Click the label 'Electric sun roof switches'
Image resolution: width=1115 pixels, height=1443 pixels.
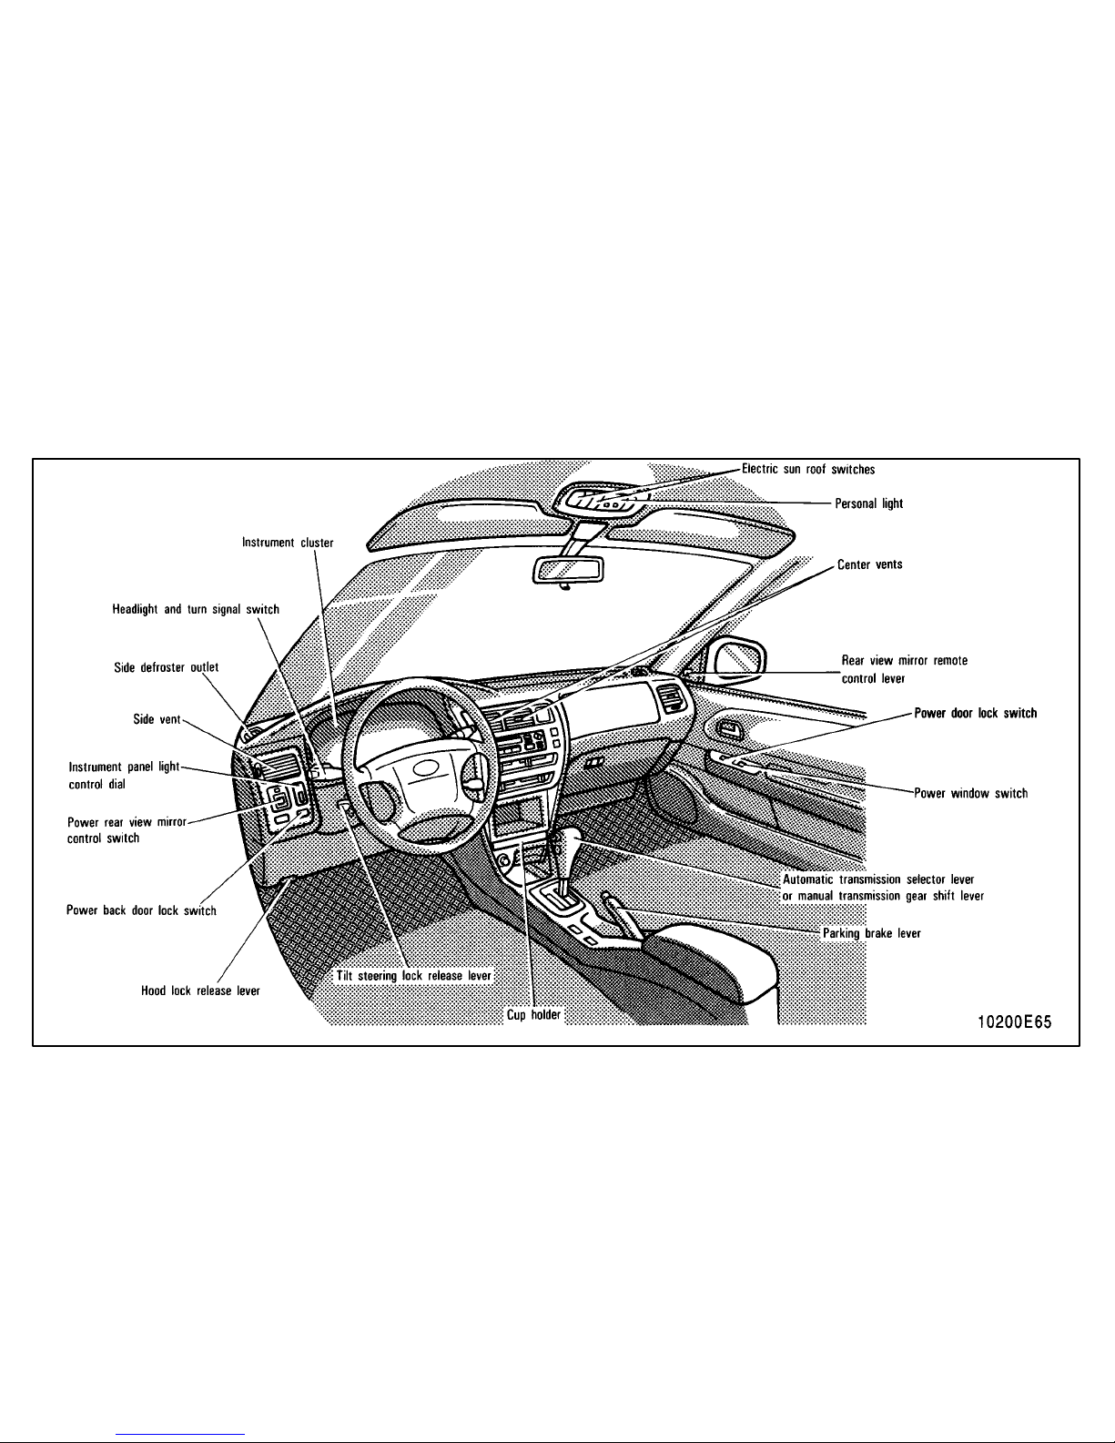click(x=808, y=469)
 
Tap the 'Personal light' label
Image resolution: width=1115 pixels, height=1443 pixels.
click(x=868, y=503)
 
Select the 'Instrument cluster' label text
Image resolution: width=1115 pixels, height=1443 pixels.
click(x=288, y=543)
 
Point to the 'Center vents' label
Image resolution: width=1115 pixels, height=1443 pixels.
click(x=869, y=564)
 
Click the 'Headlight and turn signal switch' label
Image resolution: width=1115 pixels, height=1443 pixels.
click(x=196, y=609)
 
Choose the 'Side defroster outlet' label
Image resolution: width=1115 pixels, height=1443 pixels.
click(x=166, y=666)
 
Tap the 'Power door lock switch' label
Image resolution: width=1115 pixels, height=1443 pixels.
click(x=975, y=713)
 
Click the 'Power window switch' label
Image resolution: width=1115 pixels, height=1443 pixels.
click(x=970, y=793)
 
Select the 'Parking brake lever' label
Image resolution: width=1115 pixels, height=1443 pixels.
click(x=871, y=933)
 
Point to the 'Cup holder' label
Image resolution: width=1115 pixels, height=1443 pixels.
click(x=533, y=1015)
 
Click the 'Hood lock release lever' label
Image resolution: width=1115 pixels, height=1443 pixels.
click(x=200, y=991)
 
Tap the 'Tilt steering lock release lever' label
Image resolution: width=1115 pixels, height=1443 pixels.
click(x=413, y=975)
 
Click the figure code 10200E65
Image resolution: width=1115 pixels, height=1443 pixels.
click(x=1014, y=1022)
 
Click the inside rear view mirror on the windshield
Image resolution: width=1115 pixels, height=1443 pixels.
click(x=568, y=571)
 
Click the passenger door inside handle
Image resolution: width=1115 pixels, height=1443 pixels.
click(x=729, y=730)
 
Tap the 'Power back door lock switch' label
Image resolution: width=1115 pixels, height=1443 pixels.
click(x=141, y=910)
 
